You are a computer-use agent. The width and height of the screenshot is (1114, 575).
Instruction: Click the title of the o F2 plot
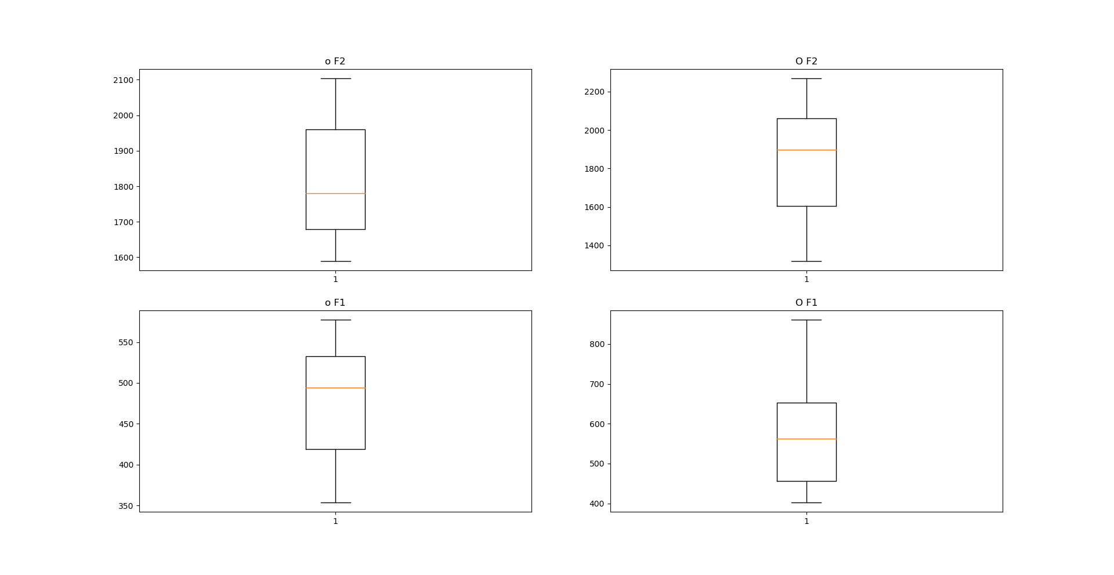(335, 61)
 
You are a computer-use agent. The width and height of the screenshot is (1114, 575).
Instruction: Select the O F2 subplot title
(806, 61)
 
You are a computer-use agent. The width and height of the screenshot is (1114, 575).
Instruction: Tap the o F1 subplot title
(335, 302)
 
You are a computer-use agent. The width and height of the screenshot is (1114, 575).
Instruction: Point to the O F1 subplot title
(806, 302)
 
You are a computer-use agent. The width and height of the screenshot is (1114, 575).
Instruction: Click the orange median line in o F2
(335, 193)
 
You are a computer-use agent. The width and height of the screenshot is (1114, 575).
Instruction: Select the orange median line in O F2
(806, 150)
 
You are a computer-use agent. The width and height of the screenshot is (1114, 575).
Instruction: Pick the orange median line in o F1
(335, 388)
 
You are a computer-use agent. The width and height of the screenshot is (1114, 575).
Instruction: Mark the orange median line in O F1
(806, 439)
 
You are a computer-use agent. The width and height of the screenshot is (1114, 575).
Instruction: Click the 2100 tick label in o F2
(123, 80)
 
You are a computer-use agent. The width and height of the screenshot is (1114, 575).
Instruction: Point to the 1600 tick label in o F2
(123, 258)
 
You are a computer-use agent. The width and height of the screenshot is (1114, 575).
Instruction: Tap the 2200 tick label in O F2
(594, 92)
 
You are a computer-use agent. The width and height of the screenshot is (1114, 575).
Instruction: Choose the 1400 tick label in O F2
(594, 245)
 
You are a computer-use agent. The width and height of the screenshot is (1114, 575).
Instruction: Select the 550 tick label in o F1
(125, 342)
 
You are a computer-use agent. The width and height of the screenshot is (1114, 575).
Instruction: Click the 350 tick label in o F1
(125, 506)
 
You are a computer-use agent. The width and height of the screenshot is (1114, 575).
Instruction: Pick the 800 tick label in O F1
(596, 344)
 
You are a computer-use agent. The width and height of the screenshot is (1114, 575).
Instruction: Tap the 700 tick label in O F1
(596, 384)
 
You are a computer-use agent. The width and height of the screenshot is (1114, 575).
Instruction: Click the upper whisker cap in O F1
(806, 320)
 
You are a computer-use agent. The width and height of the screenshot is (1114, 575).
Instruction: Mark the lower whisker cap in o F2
(335, 261)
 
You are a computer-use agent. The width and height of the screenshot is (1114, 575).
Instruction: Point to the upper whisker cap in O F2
(806, 78)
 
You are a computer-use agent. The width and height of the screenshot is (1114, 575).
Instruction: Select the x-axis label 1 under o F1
(335, 521)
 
